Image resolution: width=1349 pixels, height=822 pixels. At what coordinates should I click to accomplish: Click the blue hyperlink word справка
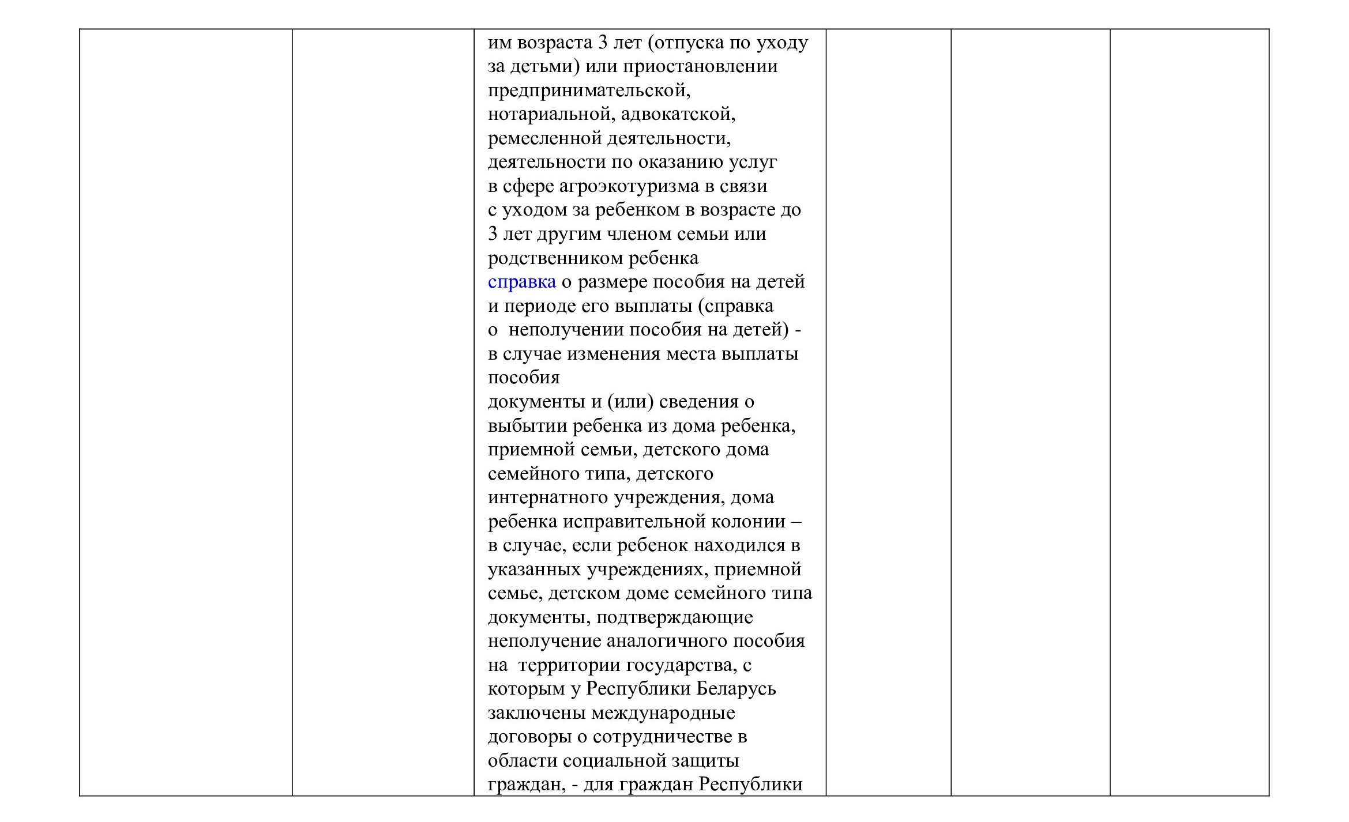pyautogui.click(x=521, y=282)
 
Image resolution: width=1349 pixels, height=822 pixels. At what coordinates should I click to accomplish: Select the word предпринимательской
pyautogui.click(x=588, y=91)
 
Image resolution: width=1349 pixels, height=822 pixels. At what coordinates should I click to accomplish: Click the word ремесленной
pyautogui.click(x=544, y=138)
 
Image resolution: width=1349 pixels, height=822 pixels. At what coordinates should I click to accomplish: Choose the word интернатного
pyautogui.click(x=547, y=497)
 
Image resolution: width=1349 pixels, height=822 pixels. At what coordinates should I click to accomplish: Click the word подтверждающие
pyautogui.click(x=674, y=617)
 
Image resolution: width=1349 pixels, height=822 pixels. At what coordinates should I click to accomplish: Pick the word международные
pyautogui.click(x=663, y=713)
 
